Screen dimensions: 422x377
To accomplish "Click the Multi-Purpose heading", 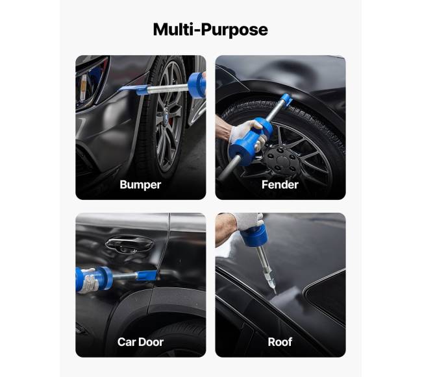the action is (210, 30).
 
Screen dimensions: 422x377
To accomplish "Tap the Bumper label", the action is (140, 185).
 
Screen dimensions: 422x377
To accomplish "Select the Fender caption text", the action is (280, 185).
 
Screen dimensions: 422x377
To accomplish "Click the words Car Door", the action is (140, 342).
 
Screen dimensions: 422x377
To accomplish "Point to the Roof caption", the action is (280, 342).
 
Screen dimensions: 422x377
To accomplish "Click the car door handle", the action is (129, 244).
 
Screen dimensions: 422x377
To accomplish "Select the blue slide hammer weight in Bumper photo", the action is (197, 86).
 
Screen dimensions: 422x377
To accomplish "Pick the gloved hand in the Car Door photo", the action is (89, 280).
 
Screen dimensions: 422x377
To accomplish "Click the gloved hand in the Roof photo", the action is (249, 221).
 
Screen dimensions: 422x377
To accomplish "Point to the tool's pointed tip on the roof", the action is (275, 293).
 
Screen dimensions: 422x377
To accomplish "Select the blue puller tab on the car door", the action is (147, 275).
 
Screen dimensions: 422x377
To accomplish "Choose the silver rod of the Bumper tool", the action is (168, 88).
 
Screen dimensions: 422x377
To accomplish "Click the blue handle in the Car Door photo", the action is (94, 279).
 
